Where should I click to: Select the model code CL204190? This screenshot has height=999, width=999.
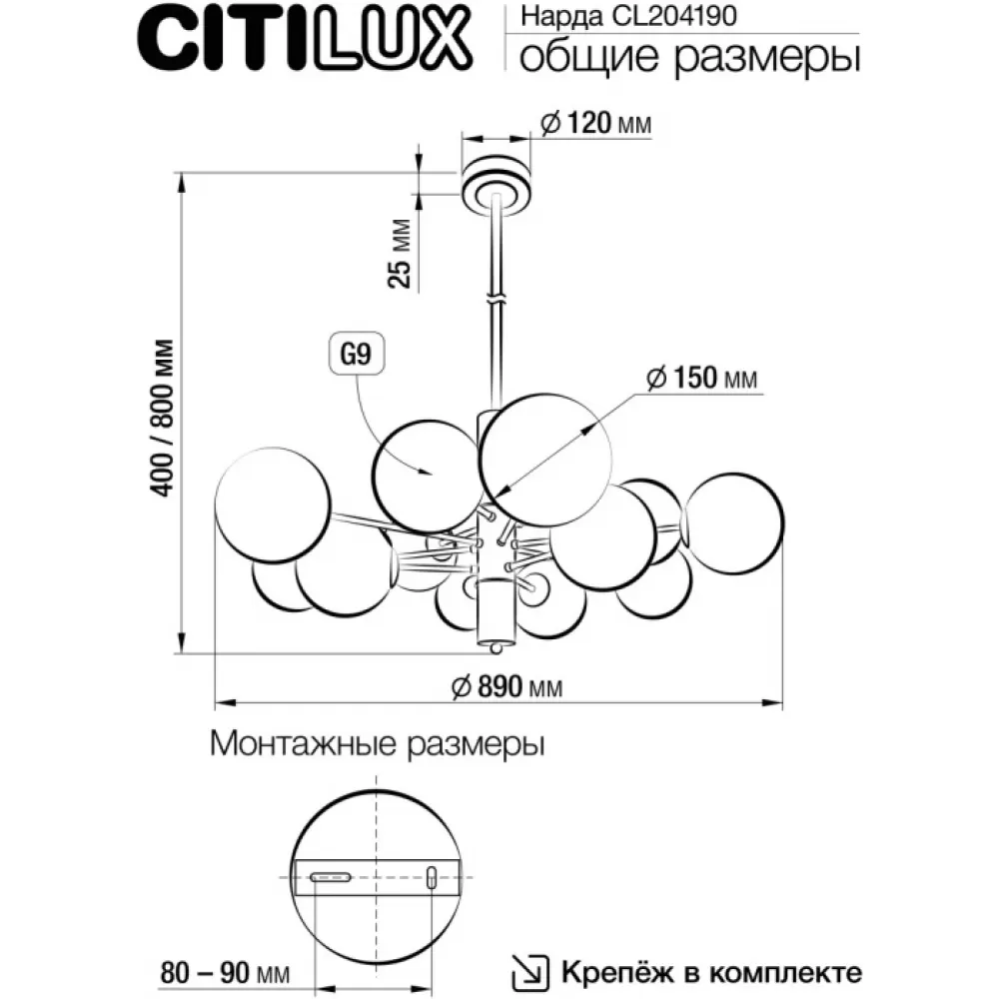click(x=674, y=15)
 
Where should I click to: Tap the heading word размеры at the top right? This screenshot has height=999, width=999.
click(x=766, y=58)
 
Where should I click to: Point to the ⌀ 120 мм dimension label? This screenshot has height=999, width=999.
click(x=595, y=122)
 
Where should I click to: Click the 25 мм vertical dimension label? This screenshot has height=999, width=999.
click(x=401, y=254)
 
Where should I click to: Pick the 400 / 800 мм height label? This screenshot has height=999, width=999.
click(x=161, y=419)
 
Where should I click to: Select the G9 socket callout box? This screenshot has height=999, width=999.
click(x=357, y=353)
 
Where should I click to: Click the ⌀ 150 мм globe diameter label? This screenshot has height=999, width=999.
click(x=702, y=378)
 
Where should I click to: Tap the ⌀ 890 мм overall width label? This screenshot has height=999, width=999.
click(x=507, y=687)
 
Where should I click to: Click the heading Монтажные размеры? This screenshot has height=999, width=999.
click(x=378, y=744)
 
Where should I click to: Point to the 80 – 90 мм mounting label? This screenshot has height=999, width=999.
click(x=225, y=973)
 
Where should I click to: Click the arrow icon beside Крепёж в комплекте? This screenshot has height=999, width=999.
click(x=530, y=973)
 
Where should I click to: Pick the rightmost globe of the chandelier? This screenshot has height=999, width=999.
click(x=734, y=523)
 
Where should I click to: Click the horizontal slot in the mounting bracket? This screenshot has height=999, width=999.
click(x=331, y=877)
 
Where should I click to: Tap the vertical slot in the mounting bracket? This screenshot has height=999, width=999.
click(x=431, y=877)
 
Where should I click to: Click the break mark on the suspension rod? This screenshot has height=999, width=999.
click(x=497, y=299)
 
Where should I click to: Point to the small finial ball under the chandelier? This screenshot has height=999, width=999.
click(x=496, y=647)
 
